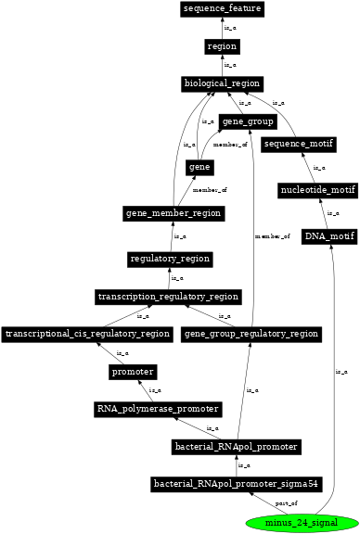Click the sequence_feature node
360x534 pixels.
[x=222, y=9]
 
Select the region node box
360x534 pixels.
[x=222, y=46]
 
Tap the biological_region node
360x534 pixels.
[x=222, y=84]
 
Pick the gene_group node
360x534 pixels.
[x=247, y=122]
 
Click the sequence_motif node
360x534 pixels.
[x=298, y=145]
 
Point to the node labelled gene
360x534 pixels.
[x=199, y=167]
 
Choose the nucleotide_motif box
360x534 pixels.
[x=317, y=191]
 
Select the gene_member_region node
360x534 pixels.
[x=174, y=213]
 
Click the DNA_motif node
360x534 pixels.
[x=328, y=236]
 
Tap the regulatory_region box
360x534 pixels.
[x=170, y=259]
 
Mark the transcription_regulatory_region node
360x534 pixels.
[x=168, y=297]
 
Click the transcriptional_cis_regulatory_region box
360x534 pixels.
[x=87, y=334]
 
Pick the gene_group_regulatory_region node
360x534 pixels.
[x=251, y=334]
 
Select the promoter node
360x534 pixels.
[x=132, y=372]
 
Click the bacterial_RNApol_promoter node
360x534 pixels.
[x=236, y=447]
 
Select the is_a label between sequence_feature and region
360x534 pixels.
[x=229, y=28]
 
